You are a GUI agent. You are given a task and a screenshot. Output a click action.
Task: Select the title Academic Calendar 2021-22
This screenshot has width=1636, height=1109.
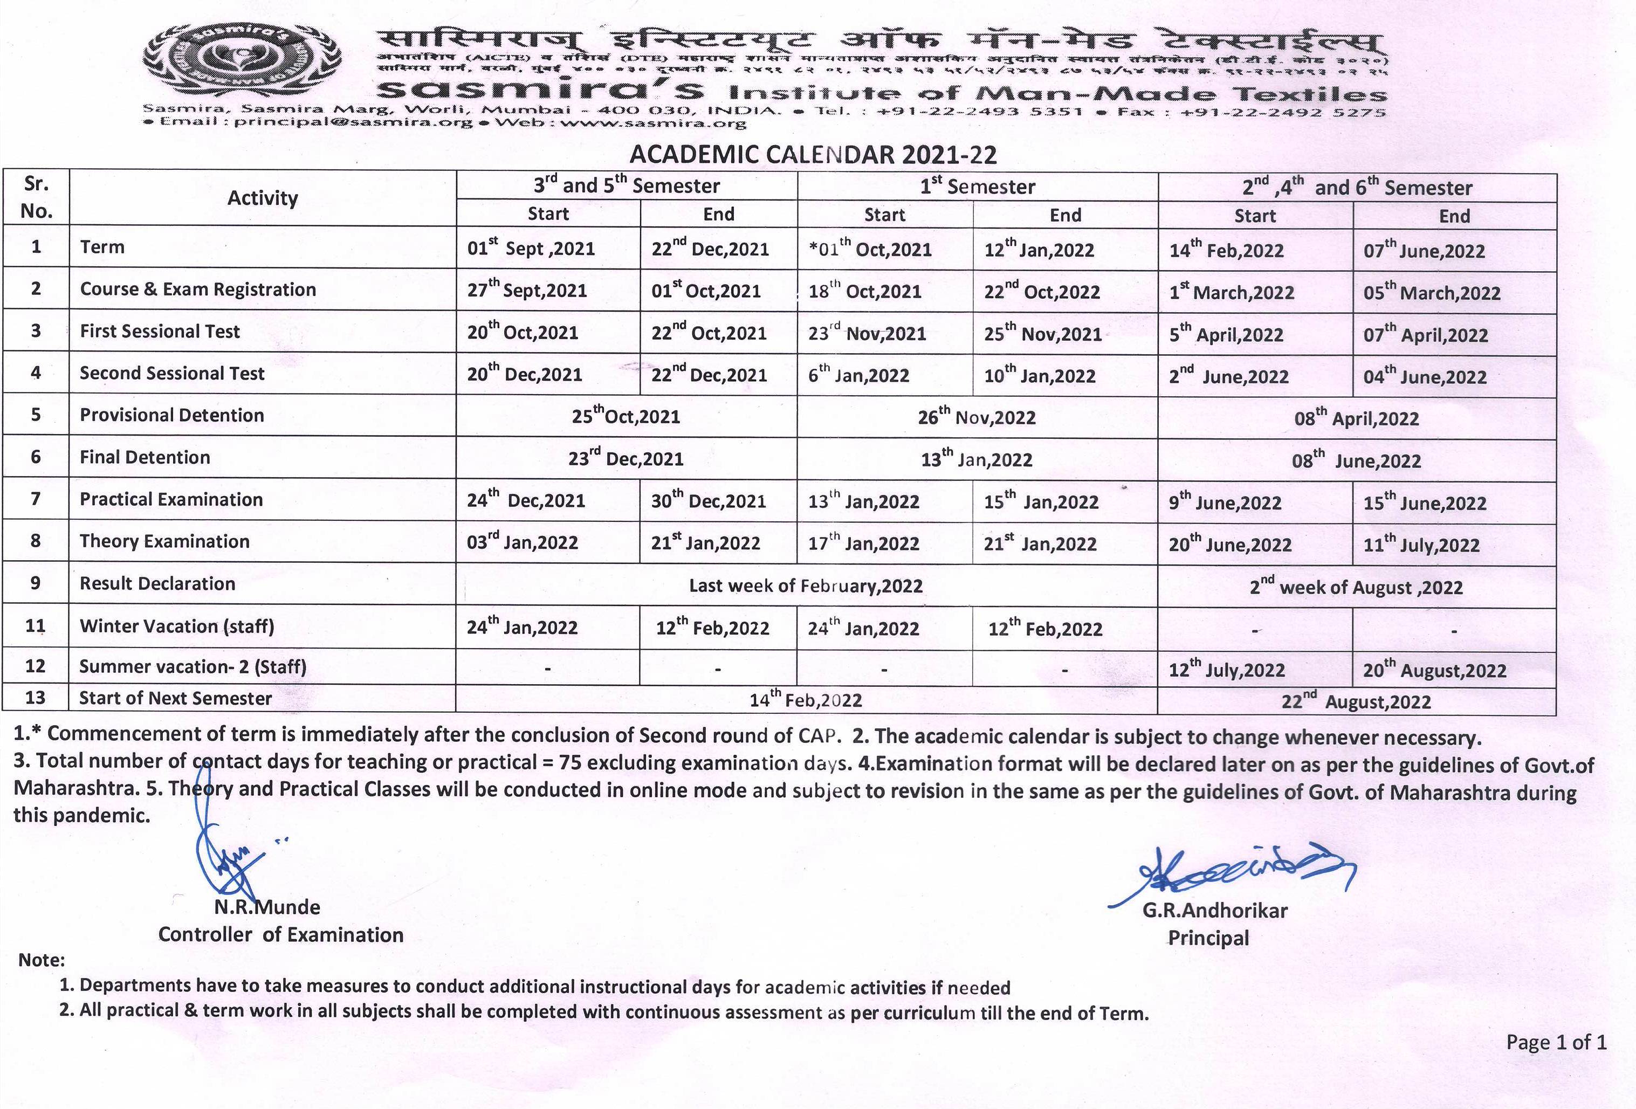[x=813, y=154]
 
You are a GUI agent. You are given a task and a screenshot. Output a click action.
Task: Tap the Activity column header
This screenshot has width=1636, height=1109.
[x=262, y=198]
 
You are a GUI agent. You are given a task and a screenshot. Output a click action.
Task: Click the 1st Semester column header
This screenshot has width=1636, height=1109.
[x=977, y=187]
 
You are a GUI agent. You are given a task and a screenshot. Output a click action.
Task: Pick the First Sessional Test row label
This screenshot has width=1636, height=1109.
[x=160, y=332]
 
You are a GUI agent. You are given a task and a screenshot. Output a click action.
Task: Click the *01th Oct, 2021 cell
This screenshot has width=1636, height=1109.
[x=870, y=249]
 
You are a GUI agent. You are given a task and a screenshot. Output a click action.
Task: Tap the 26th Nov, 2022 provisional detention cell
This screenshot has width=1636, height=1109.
[x=977, y=417]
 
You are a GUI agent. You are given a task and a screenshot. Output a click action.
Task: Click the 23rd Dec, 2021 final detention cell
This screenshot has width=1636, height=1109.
[x=626, y=458]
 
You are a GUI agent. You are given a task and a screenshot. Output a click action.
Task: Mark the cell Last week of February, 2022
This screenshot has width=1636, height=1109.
[x=806, y=586]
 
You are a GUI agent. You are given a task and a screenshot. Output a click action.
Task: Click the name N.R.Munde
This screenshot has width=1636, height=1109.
[x=267, y=907]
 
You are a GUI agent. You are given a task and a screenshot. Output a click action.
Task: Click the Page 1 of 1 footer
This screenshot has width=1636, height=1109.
[x=1556, y=1042]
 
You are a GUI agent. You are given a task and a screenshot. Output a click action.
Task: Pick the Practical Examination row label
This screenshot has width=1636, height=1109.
[x=171, y=500]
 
